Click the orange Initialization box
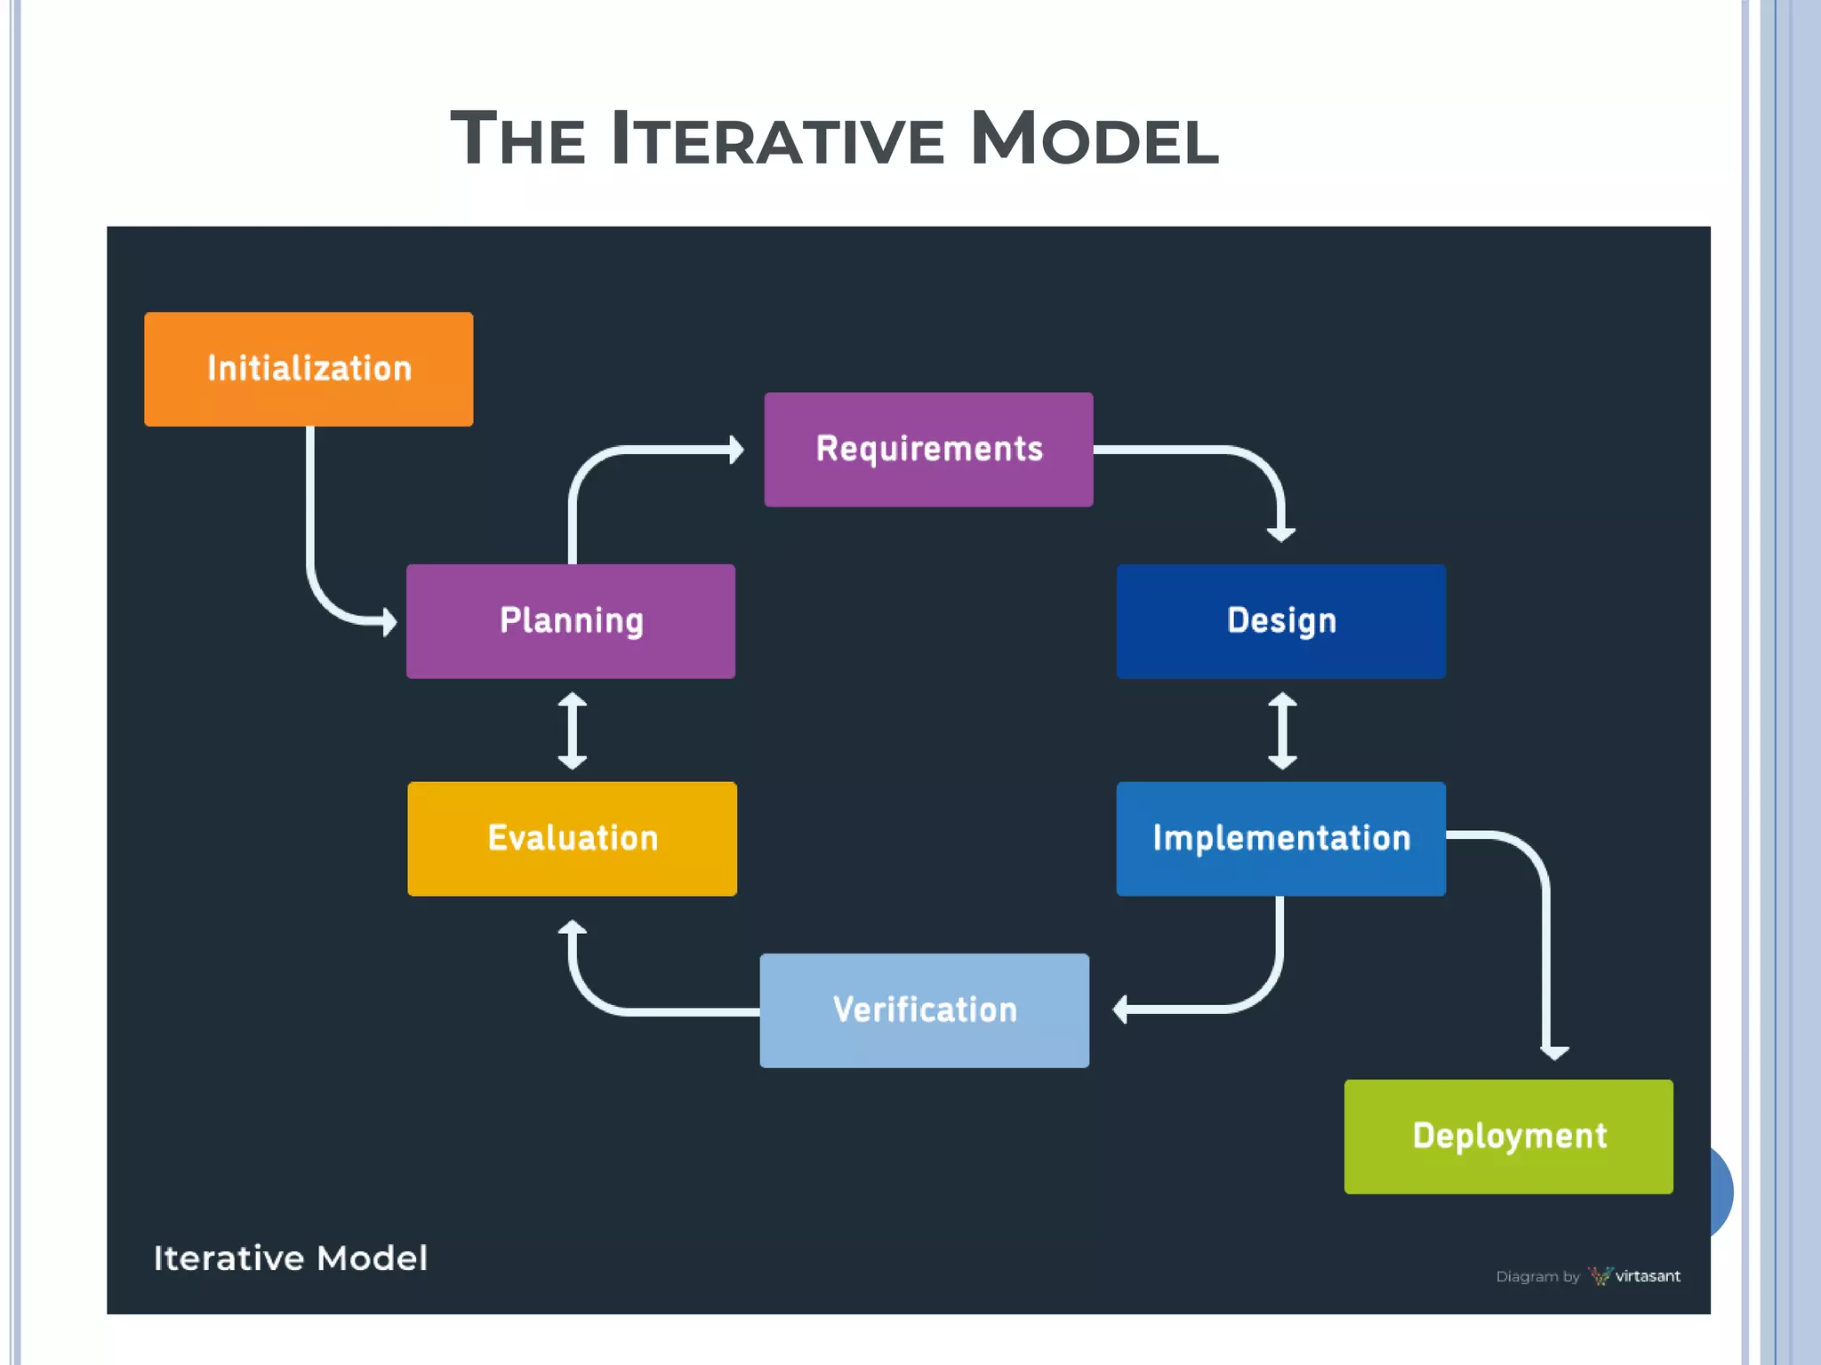tap(309, 369)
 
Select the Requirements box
tap(928, 450)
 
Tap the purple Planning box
tap(571, 621)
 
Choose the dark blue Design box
tap(1280, 621)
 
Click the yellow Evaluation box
tap(572, 838)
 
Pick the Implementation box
tap(1280, 838)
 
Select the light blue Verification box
tap(924, 1010)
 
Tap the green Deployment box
tap(1508, 1136)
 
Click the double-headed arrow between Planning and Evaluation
tap(572, 730)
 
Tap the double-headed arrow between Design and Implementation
tap(1281, 730)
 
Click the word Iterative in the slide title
tap(778, 140)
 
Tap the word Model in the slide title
tap(1094, 140)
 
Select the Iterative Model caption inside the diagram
tap(291, 1258)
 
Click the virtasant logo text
tap(1647, 1276)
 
